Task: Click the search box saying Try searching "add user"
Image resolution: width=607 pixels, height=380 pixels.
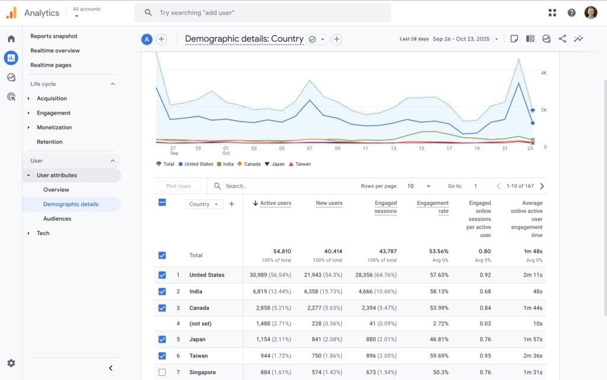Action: pos(262,12)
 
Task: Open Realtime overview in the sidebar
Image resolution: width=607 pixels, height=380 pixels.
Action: pos(55,50)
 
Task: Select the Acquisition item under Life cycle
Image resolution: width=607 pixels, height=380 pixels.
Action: pos(52,99)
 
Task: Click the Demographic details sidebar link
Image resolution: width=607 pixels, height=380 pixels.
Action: pos(71,204)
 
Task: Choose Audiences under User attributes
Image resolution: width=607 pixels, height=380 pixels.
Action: pos(57,218)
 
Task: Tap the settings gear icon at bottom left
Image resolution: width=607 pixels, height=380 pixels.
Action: pos(11,363)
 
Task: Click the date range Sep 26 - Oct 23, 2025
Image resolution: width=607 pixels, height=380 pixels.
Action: pos(461,39)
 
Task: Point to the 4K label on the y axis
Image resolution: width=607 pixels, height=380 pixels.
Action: pos(544,72)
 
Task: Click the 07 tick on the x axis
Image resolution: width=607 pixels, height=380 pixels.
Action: pos(309,148)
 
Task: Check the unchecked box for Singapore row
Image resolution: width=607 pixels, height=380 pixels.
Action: pos(162,372)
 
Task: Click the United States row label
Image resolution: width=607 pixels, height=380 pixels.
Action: pos(207,275)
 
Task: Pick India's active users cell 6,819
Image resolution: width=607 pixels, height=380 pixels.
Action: pos(264,292)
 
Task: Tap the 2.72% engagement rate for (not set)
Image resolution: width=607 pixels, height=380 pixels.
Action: pos(439,324)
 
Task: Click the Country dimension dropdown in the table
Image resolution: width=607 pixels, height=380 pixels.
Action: pos(203,204)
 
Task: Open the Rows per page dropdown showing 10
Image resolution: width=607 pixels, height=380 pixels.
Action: pos(418,186)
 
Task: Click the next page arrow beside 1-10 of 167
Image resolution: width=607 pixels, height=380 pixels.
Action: pos(542,186)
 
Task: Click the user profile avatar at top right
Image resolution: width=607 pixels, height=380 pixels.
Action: pos(590,12)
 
